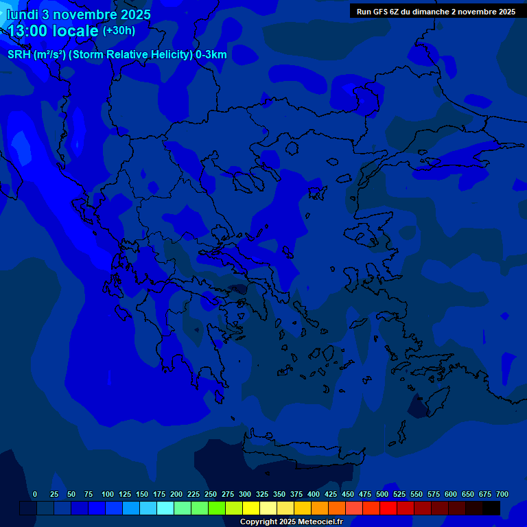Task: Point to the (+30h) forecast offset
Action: pos(119,31)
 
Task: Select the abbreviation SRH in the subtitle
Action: pos(19,55)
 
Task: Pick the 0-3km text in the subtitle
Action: pos(211,55)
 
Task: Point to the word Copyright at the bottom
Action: pos(260,522)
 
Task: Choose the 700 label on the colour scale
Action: pos(502,494)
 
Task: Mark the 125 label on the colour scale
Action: pos(125,494)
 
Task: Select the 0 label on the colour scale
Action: pos(35,494)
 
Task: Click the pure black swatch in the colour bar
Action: pos(491,508)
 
